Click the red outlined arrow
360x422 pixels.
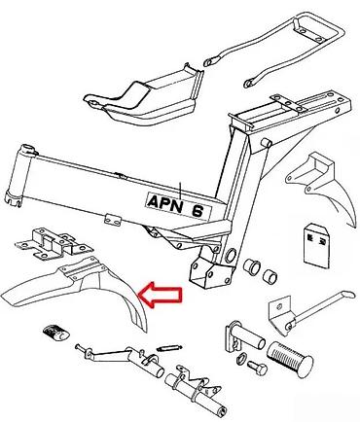pyautogui.click(x=161, y=295)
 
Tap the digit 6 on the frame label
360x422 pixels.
pyautogui.click(x=198, y=211)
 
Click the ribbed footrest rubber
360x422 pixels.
pyautogui.click(x=290, y=359)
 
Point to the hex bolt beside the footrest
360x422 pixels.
pyautogui.click(x=257, y=368)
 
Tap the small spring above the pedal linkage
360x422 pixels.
pyautogui.click(x=169, y=348)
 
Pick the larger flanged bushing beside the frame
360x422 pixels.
pyautogui.click(x=252, y=266)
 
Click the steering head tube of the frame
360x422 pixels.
pyautogui.click(x=19, y=175)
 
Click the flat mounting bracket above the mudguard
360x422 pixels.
pyautogui.click(x=54, y=244)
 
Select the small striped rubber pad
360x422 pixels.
pyautogui.click(x=55, y=334)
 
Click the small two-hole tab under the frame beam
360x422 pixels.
pyautogui.click(x=113, y=220)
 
